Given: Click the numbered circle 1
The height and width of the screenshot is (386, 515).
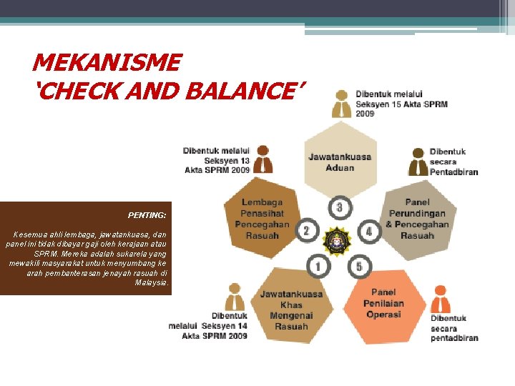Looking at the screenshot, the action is (318, 267).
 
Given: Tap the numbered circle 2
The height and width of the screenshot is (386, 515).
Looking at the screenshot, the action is (305, 231).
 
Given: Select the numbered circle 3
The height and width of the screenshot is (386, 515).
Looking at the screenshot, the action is (340, 208).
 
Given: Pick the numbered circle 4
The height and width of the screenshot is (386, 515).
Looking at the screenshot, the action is (369, 231).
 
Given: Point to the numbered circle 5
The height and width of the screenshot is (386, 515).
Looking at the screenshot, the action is (359, 267).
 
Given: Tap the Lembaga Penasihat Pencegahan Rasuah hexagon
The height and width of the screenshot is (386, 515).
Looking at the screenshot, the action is (262, 219).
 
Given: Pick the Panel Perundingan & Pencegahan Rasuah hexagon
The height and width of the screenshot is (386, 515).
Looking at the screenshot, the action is (417, 219).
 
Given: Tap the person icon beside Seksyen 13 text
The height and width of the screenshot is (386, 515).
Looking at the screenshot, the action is (263, 159).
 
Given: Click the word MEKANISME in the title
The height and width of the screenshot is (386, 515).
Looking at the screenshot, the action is (107, 63).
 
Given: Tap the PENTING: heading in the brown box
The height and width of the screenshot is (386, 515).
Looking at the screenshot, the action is (147, 214).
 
